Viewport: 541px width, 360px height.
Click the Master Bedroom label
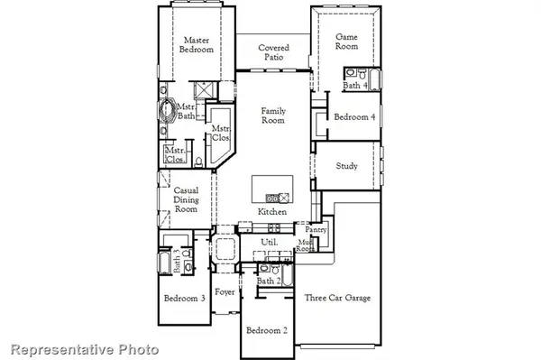197,45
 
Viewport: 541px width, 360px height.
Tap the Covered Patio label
273,52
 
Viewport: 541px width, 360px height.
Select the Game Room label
347,42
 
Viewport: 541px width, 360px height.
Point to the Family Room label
273,115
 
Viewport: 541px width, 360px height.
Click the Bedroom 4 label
354,117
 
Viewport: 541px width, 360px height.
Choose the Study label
347,166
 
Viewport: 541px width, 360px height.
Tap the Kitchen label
272,211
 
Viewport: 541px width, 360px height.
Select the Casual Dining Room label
186,198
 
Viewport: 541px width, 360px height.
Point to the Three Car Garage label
337,298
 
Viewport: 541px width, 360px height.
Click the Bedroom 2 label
267,330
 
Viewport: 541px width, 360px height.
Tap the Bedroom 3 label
184,299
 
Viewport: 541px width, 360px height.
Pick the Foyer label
225,292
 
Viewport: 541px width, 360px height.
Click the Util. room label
269,243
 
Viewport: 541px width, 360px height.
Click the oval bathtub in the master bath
168,113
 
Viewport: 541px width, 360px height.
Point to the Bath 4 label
354,86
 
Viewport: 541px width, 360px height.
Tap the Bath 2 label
268,282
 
